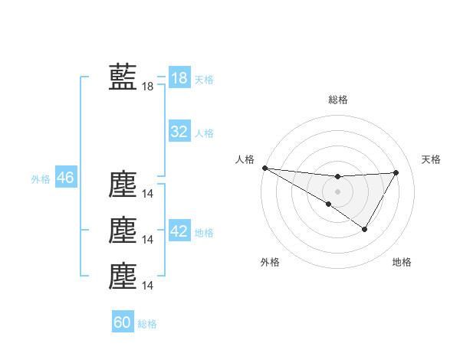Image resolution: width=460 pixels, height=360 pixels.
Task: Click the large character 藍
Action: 123,77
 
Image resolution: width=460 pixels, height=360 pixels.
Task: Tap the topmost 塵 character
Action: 123,185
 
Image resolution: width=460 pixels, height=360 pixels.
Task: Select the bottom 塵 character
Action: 123,277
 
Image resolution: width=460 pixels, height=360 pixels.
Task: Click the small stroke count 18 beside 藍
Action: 148,87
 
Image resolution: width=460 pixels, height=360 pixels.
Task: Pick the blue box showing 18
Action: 179,78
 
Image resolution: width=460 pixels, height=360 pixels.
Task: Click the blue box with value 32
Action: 179,132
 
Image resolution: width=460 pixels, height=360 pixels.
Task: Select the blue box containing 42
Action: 179,231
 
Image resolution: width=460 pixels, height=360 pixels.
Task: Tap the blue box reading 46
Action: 65,178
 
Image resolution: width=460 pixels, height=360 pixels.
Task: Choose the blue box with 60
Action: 123,322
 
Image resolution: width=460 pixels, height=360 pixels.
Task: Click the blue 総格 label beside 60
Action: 147,324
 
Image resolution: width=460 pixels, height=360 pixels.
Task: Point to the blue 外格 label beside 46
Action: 41,179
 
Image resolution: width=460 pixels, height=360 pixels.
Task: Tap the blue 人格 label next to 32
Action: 204,133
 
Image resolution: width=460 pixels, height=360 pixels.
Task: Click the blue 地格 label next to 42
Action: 204,233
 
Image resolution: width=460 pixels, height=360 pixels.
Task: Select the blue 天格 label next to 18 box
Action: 204,80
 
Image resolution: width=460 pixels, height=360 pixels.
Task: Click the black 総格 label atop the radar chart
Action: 337,100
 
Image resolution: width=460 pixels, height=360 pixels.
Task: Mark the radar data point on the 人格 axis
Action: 264,168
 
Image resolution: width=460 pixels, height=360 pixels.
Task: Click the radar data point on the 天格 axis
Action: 396,172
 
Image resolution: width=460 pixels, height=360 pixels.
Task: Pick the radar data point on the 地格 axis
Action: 365,229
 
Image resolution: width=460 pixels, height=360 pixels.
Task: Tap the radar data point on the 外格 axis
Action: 329,204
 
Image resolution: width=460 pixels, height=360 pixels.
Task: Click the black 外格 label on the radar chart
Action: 270,262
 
